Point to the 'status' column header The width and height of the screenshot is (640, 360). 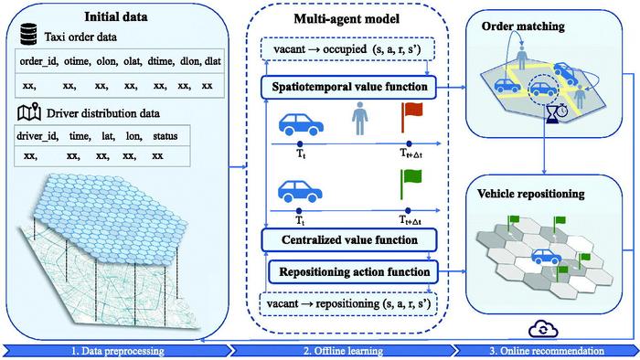click(165, 135)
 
